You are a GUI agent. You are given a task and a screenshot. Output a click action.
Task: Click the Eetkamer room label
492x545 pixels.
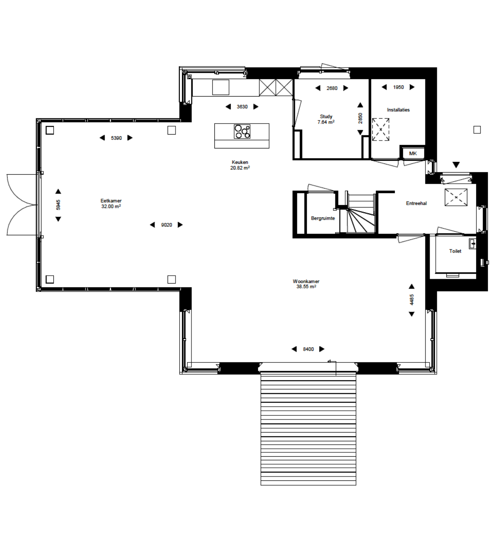111,201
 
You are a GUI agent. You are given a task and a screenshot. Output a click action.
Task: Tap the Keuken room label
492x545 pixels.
240,162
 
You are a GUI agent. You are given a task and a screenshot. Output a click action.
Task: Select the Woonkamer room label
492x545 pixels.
306,281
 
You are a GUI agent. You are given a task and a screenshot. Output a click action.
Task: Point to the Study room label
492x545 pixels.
326,116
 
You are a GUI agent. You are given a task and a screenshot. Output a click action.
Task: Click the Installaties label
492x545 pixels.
398,110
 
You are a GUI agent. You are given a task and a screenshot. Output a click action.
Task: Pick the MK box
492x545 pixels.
413,153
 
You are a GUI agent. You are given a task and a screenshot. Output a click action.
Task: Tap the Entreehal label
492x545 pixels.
416,203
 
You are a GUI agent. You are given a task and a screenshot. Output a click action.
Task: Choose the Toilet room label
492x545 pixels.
455,251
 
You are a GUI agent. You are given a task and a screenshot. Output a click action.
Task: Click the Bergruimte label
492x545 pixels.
323,218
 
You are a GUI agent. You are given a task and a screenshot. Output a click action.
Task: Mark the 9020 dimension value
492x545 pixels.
166,225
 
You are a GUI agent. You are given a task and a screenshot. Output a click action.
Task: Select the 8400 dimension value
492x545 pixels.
308,349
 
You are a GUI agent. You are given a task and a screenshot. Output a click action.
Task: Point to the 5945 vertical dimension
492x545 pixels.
58,205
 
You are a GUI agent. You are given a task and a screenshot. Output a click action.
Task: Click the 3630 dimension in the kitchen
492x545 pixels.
242,106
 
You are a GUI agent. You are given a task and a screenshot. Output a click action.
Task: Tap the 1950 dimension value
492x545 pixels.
398,87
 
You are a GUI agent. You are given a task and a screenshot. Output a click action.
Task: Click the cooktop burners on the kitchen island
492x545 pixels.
242,131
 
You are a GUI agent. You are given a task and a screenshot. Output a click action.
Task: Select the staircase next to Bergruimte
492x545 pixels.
361,214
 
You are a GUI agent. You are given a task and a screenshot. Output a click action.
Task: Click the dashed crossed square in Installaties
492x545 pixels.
381,129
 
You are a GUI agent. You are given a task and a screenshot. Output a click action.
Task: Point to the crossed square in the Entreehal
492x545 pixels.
456,197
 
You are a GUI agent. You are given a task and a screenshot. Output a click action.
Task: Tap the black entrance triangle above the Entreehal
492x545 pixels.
456,165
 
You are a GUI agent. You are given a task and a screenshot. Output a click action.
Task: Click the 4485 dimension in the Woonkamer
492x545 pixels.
411,300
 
